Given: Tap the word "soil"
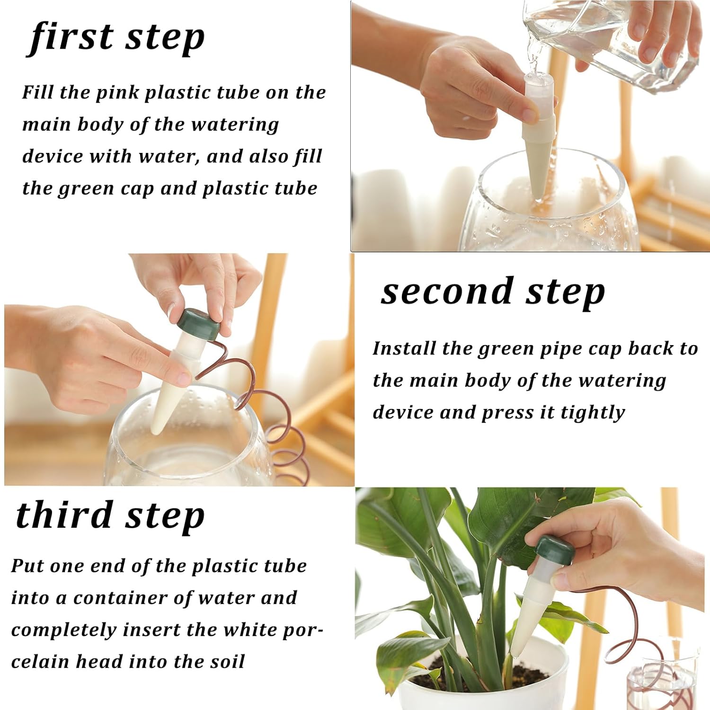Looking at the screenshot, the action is pos(228,661).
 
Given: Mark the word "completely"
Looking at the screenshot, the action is pos(64,630).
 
